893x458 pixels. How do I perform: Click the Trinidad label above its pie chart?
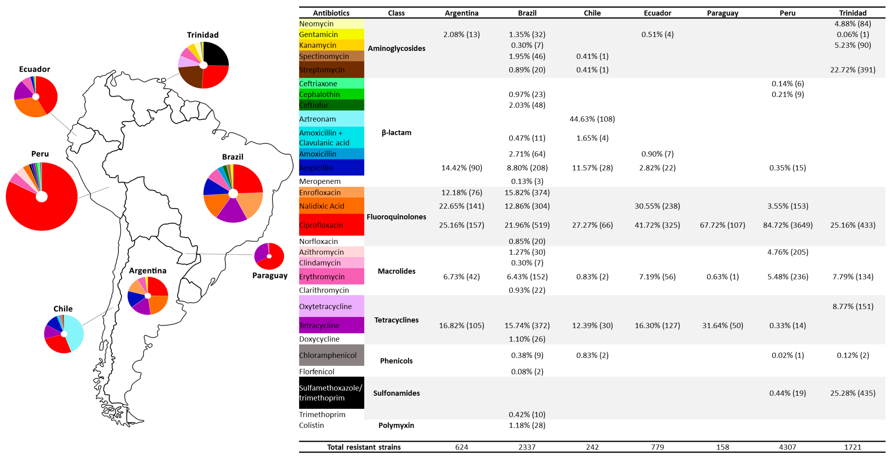[203, 35]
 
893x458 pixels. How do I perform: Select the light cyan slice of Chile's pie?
[73, 331]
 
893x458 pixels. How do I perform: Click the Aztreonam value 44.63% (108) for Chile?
[592, 119]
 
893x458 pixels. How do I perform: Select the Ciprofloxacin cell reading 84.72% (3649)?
[788, 225]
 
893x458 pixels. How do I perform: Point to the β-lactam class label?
[396, 132]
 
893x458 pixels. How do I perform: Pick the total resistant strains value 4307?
[788, 447]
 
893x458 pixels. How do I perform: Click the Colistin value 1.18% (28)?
[527, 425]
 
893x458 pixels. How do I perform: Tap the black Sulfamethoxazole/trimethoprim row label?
[331, 393]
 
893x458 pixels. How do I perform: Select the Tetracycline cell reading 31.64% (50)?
[722, 325]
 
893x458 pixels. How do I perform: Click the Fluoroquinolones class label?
[396, 217]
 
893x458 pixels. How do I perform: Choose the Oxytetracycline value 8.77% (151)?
[853, 306]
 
